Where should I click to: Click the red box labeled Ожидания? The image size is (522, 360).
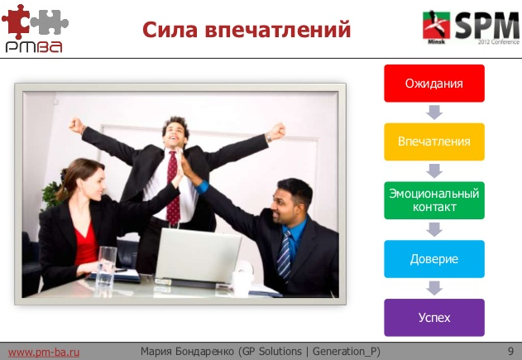point(433,84)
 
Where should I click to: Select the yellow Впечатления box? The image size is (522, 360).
point(433,141)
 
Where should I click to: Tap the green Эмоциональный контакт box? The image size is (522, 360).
point(433,199)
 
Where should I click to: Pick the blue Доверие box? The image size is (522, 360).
point(433,259)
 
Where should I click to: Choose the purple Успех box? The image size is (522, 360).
point(433,317)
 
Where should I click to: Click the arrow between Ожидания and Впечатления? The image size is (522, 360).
point(433,112)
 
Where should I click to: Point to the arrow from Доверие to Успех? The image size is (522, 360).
point(433,288)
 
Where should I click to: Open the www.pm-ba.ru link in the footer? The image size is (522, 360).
point(44,352)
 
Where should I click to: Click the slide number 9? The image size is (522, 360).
point(510,352)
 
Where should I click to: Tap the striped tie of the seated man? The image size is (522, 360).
point(285,252)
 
